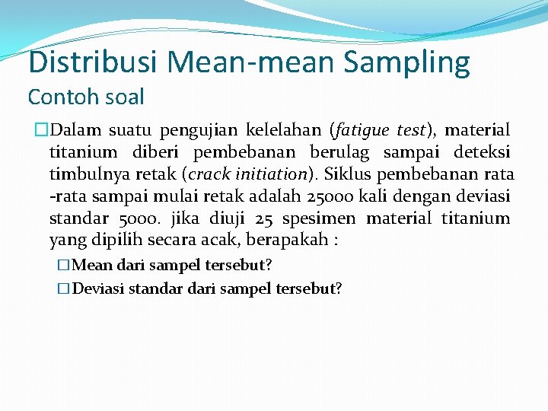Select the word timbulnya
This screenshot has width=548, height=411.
tap(83, 175)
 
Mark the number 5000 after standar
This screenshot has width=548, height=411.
tap(139, 219)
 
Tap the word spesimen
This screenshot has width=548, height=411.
tap(320, 219)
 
